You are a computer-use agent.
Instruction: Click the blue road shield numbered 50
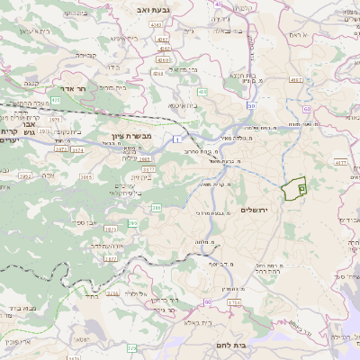click(251, 107)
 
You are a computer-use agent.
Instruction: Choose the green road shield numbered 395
click(133, 222)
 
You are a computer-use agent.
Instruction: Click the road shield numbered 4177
click(341, 162)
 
